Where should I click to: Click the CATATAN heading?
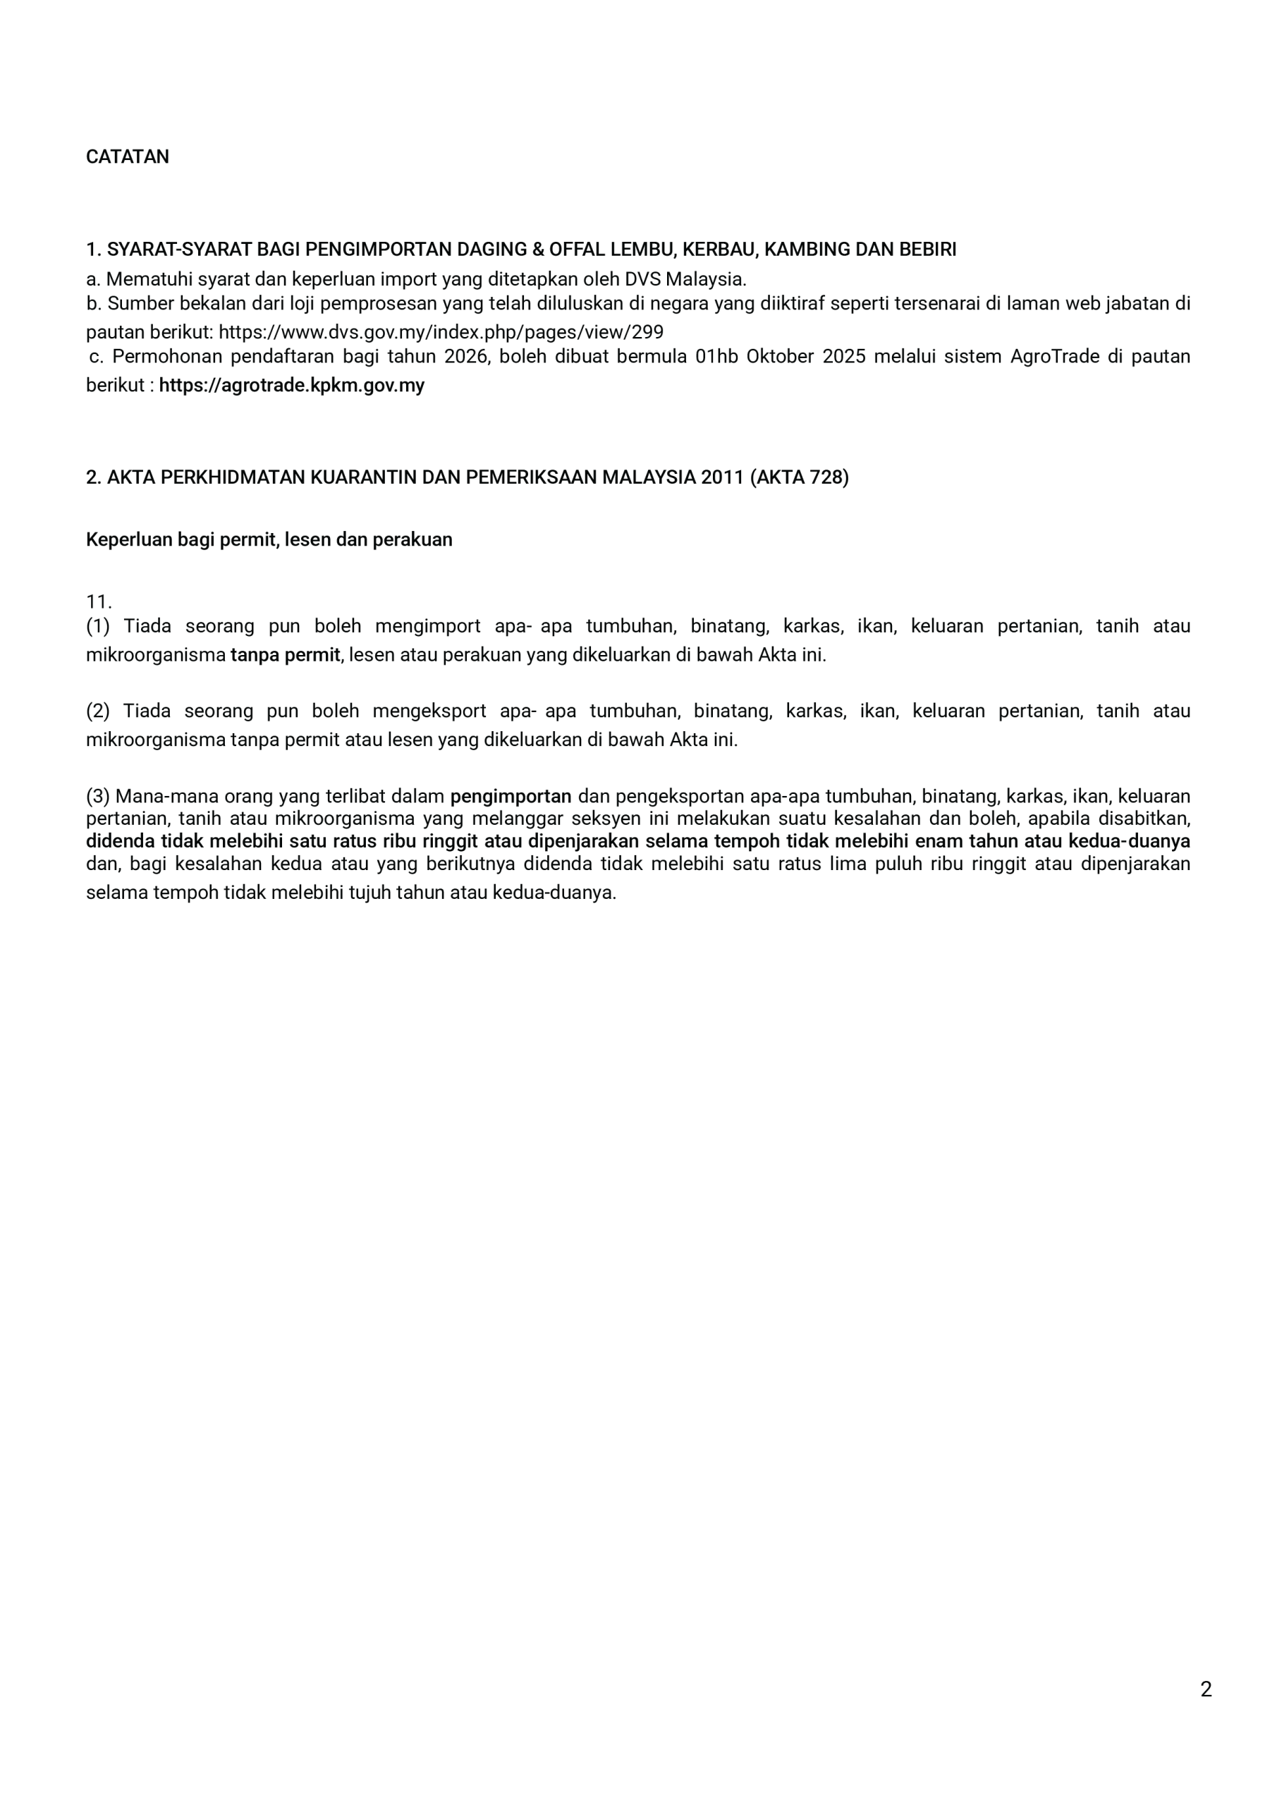128,157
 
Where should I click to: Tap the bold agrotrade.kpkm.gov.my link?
292,386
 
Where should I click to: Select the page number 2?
1206,1689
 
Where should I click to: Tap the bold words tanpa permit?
286,656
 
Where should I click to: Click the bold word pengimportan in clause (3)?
511,796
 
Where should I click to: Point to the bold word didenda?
121,841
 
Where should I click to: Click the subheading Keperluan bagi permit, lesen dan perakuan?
269,540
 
